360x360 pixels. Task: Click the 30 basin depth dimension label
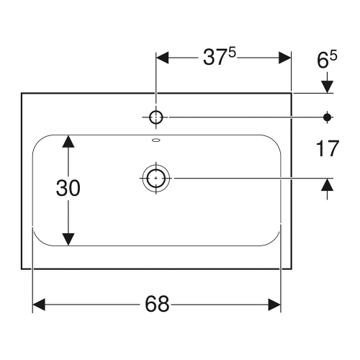pyautogui.click(x=68, y=189)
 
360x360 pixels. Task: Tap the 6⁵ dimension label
pyautogui.click(x=327, y=61)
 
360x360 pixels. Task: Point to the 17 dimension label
pyautogui.click(x=327, y=149)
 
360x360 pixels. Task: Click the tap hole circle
pyautogui.click(x=156, y=116)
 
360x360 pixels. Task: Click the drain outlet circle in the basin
pyautogui.click(x=156, y=177)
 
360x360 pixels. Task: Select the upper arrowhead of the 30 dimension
pyautogui.click(x=68, y=141)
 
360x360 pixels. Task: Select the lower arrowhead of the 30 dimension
pyautogui.click(x=68, y=238)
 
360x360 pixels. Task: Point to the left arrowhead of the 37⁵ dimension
pyautogui.click(x=163, y=58)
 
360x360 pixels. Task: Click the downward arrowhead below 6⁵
pyautogui.click(x=328, y=86)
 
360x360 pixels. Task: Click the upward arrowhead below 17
pyautogui.click(x=328, y=185)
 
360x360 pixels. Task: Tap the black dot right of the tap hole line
pyautogui.click(x=328, y=116)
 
